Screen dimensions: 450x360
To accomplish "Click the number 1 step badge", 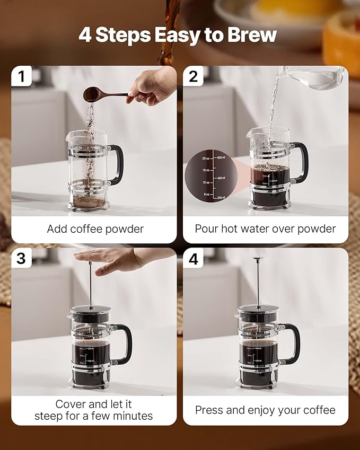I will point(21,76).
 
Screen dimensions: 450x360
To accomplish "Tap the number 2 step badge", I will point(193,76).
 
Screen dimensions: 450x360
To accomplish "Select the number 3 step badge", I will point(21,258).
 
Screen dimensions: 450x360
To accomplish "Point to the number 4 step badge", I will point(193,259).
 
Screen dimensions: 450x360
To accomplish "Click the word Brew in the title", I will point(253,35).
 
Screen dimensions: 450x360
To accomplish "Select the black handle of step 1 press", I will point(117,164).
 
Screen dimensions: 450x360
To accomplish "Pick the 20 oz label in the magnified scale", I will point(206,158).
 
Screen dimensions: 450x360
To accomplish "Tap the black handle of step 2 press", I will point(301,162).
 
